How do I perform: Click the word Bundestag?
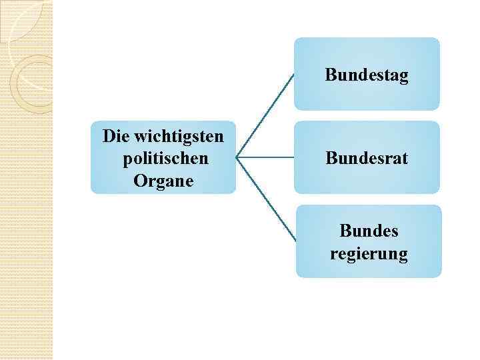[367, 75]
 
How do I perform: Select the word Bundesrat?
[367, 158]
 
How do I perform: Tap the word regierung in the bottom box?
[369, 254]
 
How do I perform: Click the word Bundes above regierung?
[369, 231]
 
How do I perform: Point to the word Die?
[115, 137]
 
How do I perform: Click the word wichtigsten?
[179, 137]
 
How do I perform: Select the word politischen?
[165, 159]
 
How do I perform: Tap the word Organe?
[163, 181]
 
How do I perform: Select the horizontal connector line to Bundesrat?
[265, 158]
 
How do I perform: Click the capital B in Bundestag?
[331, 74]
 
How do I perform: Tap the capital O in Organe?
[139, 181]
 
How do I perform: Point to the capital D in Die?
[109, 137]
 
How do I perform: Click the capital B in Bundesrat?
[331, 158]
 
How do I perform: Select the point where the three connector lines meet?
[237, 158]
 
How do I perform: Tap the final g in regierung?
[403, 256]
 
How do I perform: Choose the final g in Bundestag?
[403, 77]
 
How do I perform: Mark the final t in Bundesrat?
[405, 159]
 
